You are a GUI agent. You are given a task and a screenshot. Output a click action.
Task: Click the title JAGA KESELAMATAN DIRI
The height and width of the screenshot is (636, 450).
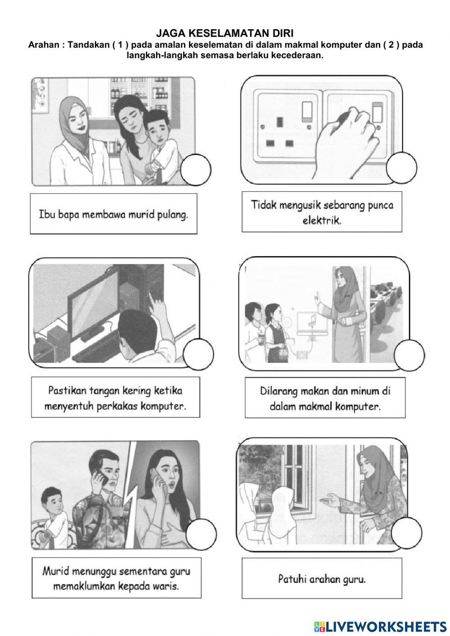point(225,33)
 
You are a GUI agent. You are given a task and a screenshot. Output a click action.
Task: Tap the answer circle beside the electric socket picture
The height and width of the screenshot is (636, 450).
point(401,167)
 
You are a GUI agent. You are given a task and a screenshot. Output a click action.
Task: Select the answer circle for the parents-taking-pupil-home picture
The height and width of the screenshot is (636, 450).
point(195,169)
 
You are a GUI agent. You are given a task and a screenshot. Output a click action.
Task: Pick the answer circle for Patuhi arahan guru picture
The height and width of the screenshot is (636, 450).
point(406,532)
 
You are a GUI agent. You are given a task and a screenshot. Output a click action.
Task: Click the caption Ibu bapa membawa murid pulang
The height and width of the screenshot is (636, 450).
point(113,214)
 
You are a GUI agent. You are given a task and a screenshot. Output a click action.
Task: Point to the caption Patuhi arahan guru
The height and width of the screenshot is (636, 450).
point(322,579)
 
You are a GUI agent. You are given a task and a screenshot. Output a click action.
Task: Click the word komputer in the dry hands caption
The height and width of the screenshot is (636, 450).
point(163,406)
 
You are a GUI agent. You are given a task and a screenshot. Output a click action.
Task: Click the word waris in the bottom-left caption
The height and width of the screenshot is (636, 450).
point(165,586)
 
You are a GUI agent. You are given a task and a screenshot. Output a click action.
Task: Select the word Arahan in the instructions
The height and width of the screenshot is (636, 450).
point(43,45)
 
